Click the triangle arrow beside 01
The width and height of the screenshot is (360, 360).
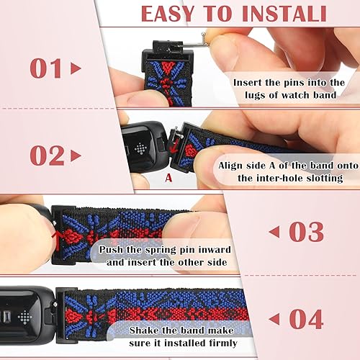[x=76, y=69]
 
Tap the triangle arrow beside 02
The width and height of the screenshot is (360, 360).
[x=76, y=156]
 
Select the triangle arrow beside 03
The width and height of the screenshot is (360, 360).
[x=275, y=232]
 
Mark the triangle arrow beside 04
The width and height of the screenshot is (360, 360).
[x=275, y=318]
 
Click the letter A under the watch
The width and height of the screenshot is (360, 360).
[x=168, y=175]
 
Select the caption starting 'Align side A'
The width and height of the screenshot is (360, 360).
[x=282, y=171]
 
